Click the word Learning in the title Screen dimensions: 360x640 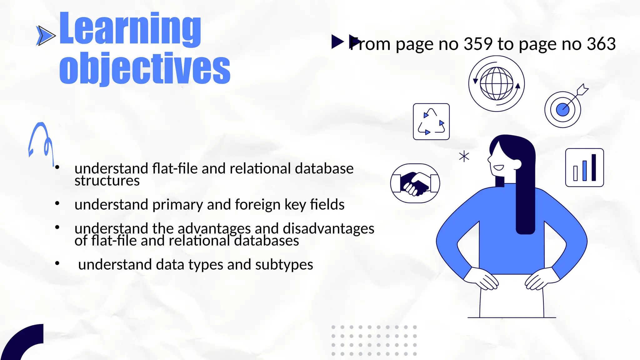click(x=130, y=29)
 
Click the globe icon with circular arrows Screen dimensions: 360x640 click(x=496, y=84)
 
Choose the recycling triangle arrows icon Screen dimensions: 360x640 click(x=431, y=122)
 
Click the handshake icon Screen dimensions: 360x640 click(x=415, y=183)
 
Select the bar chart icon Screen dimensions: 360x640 click(x=584, y=168)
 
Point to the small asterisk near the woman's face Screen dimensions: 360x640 click(x=464, y=156)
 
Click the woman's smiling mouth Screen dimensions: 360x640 click(x=498, y=168)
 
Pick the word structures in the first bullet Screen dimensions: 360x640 click(x=107, y=181)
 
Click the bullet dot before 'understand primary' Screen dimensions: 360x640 click(x=57, y=204)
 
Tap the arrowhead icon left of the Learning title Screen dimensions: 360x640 click(x=46, y=36)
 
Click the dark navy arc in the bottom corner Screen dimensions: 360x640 click(x=22, y=342)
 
